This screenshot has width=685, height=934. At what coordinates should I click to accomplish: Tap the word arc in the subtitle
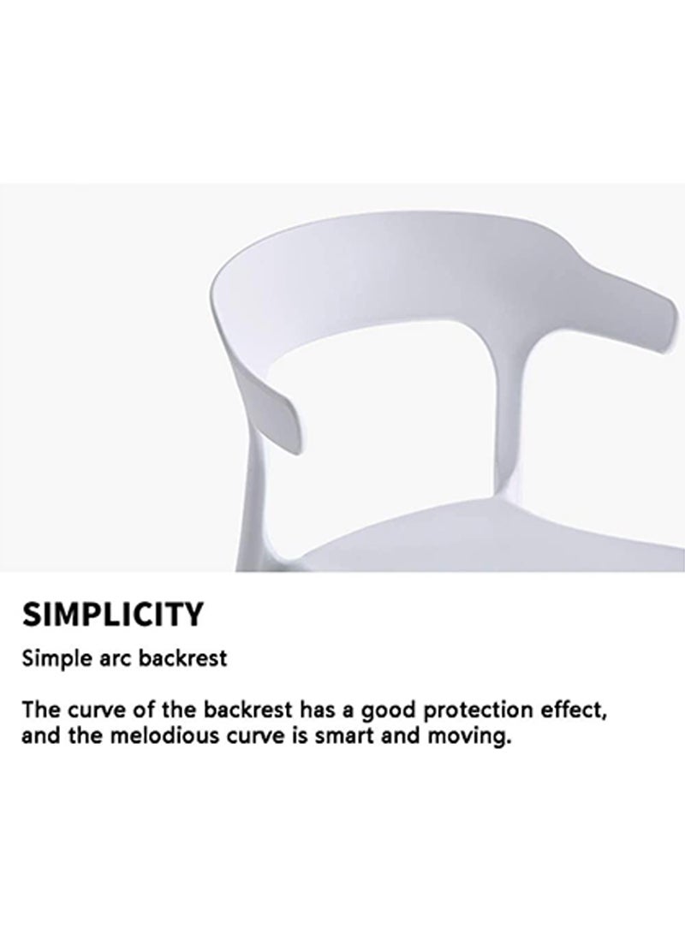click(x=108, y=660)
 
